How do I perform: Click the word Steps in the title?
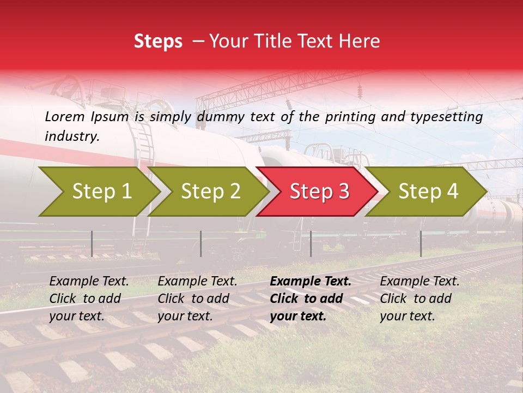(x=158, y=41)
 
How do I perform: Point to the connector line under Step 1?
(x=92, y=243)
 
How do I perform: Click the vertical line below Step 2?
(x=201, y=243)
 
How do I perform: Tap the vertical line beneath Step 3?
(x=311, y=243)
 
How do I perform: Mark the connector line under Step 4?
(x=421, y=243)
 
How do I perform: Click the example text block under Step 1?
(x=89, y=299)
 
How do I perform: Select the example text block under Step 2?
(x=197, y=299)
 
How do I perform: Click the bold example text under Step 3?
(x=311, y=299)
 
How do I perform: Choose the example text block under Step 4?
(x=419, y=299)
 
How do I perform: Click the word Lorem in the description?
(x=64, y=117)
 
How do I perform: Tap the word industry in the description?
(x=71, y=136)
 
